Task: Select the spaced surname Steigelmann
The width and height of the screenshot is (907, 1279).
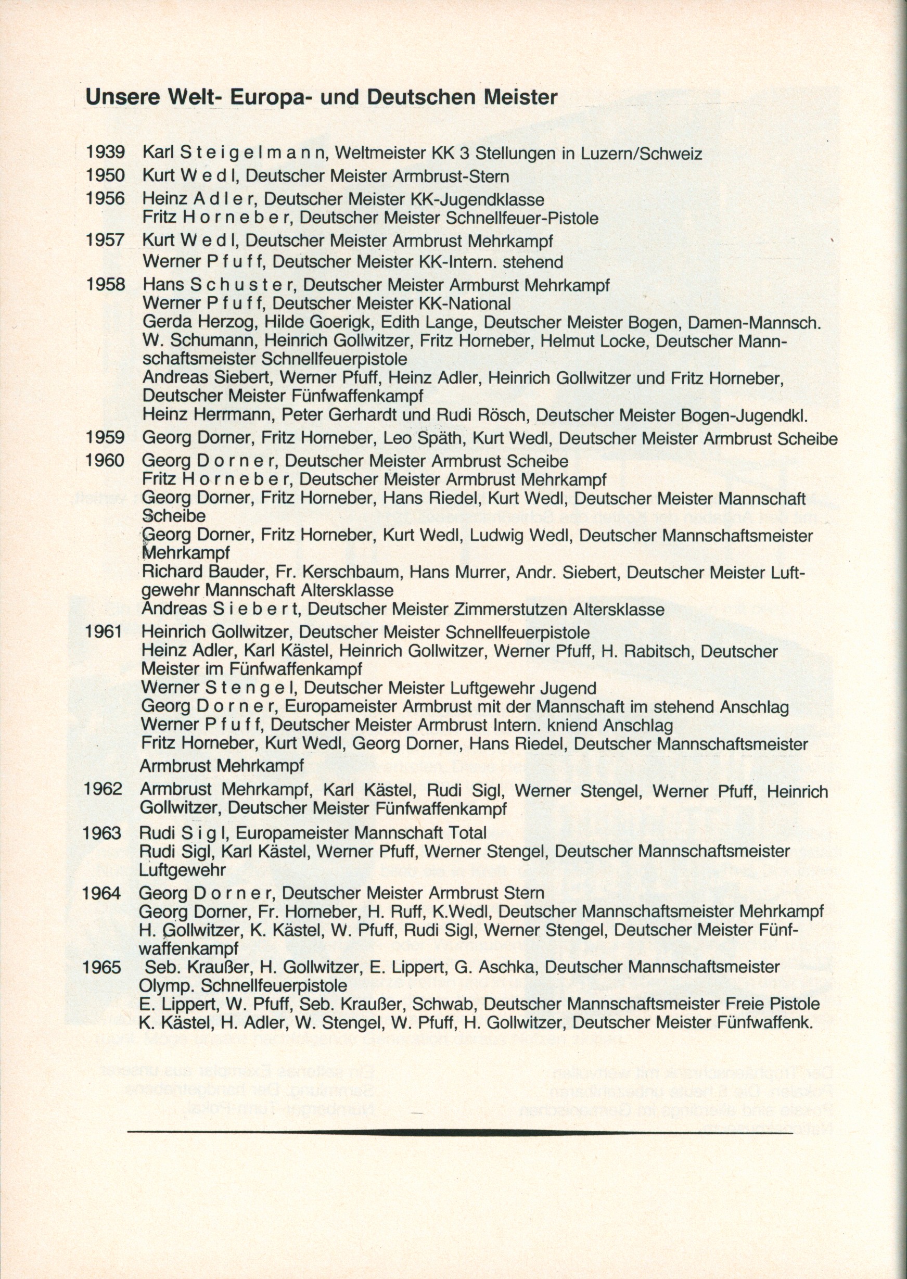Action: pyautogui.click(x=253, y=153)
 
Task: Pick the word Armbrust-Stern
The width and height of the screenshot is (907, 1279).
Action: pyautogui.click(x=451, y=176)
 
